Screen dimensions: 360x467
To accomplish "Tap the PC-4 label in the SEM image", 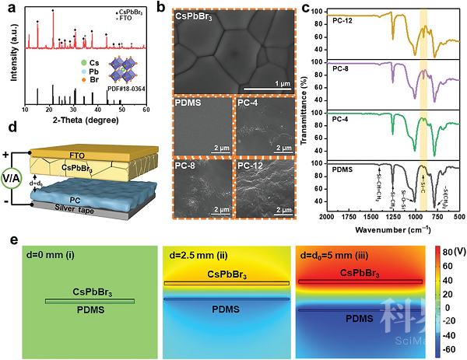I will (250, 103).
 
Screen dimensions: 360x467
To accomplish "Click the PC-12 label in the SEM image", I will (252, 165).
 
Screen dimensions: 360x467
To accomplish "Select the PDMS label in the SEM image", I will (188, 103).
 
